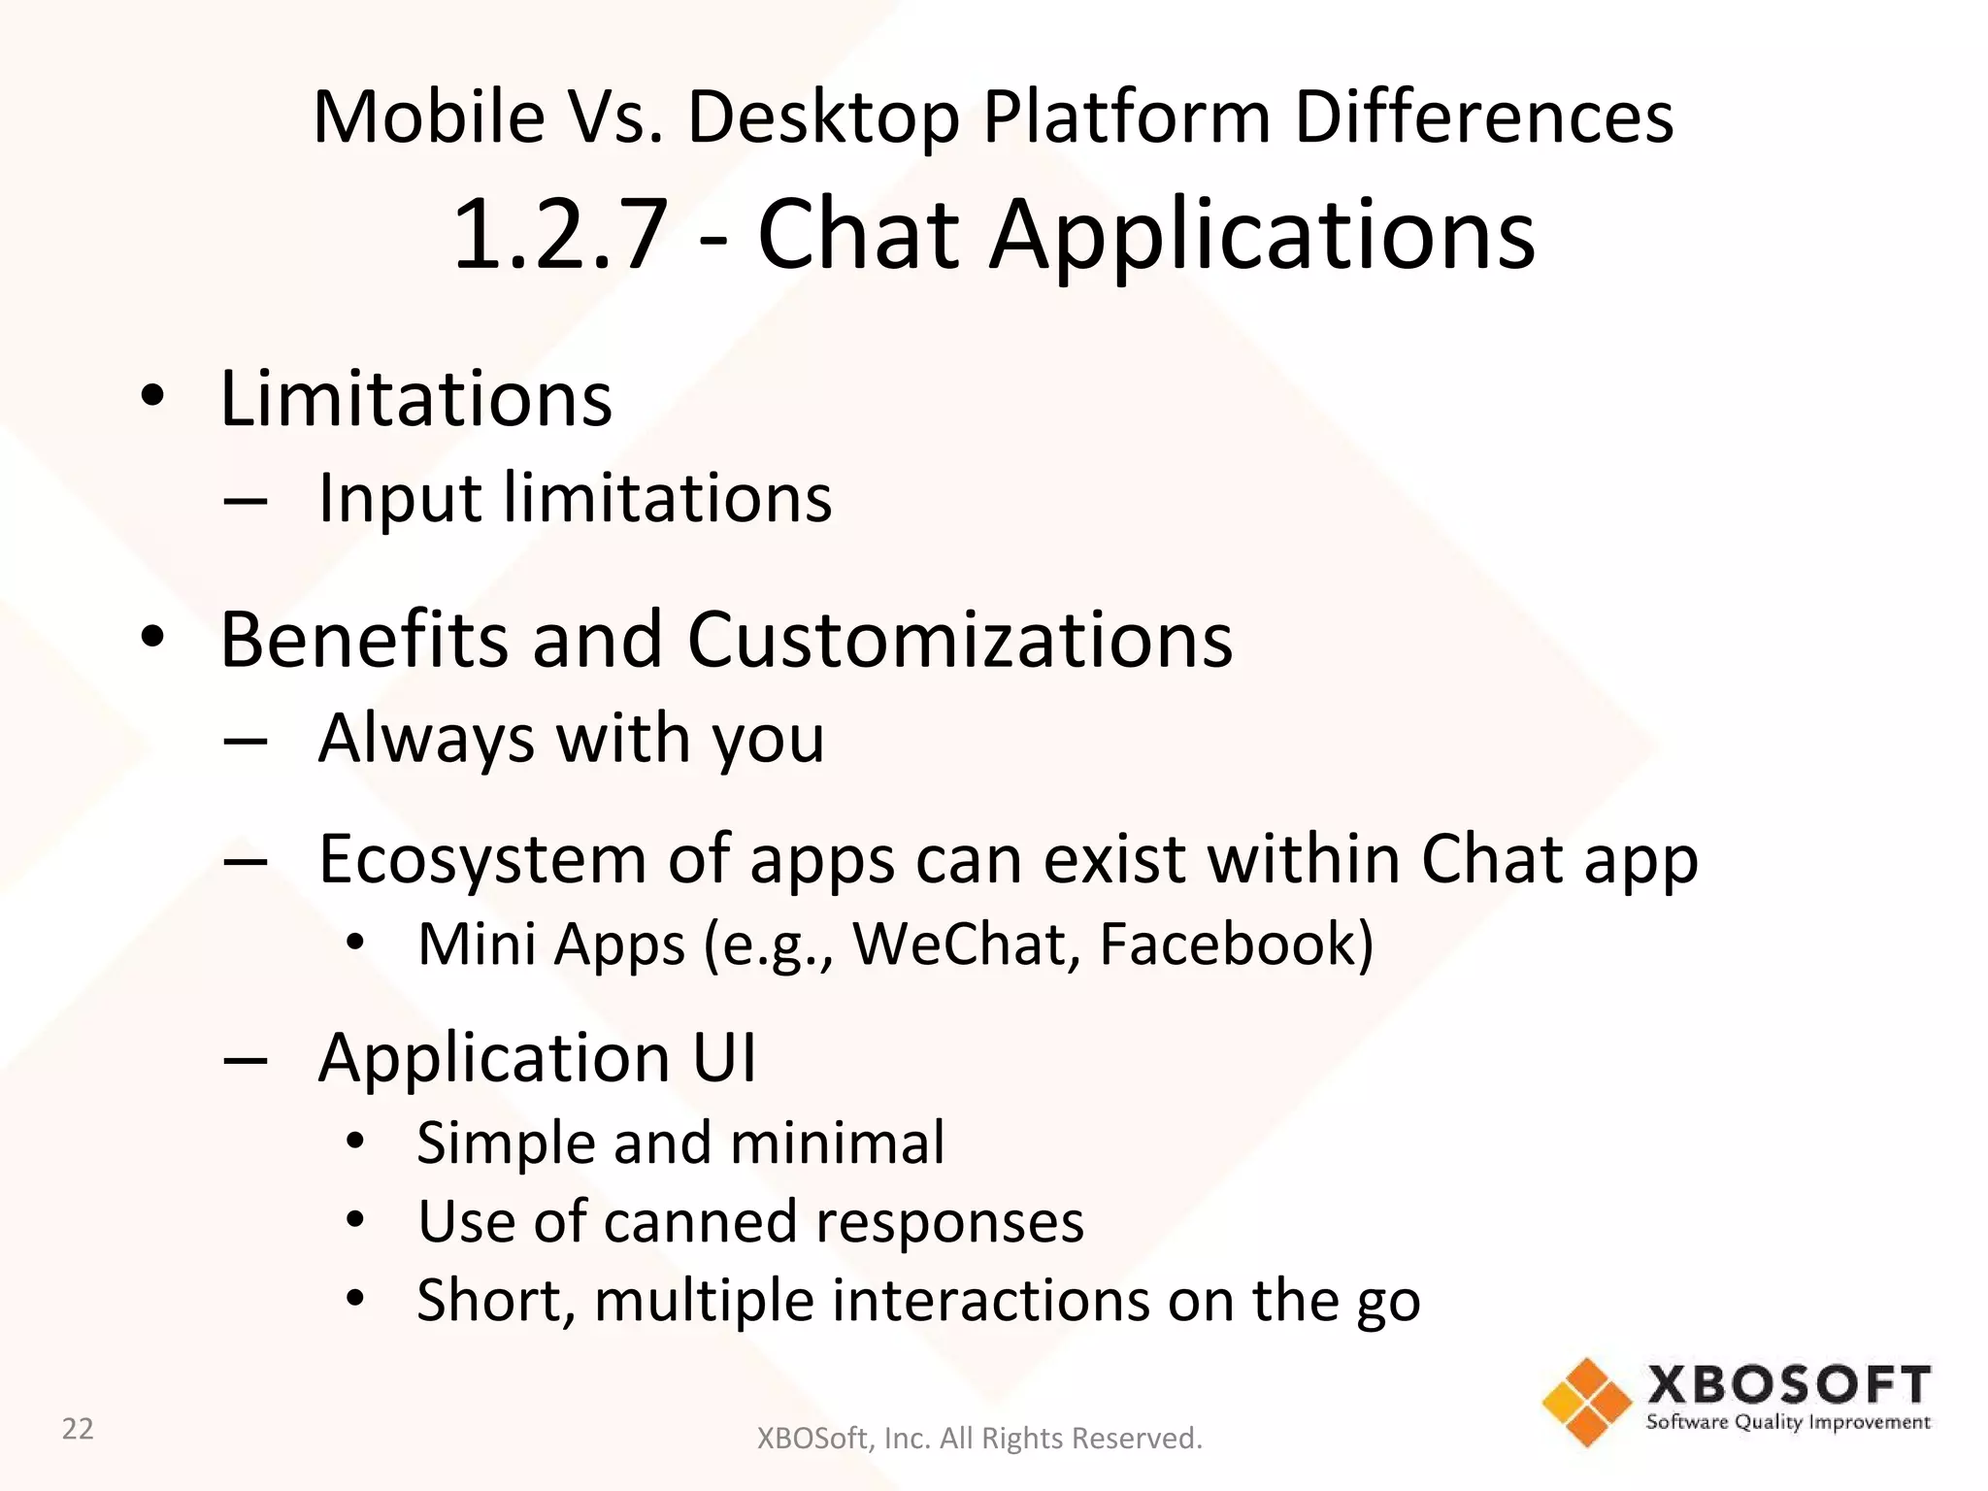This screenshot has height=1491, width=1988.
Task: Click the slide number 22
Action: click(x=78, y=1429)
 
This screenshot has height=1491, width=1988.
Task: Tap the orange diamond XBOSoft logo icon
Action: click(x=1586, y=1403)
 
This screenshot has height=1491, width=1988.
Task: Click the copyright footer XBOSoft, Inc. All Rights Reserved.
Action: click(x=978, y=1438)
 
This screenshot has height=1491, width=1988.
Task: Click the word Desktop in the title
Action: click(x=823, y=116)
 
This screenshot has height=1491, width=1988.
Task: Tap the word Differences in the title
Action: click(x=1483, y=116)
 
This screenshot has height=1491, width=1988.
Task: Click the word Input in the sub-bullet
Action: click(x=399, y=499)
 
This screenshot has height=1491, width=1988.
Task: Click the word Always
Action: click(x=425, y=738)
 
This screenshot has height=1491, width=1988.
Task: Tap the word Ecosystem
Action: click(x=481, y=860)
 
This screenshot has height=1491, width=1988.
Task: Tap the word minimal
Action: click(x=837, y=1143)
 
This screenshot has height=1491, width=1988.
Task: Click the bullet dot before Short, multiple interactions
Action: click(x=355, y=1298)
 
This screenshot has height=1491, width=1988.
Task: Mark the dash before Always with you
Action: click(x=245, y=741)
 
